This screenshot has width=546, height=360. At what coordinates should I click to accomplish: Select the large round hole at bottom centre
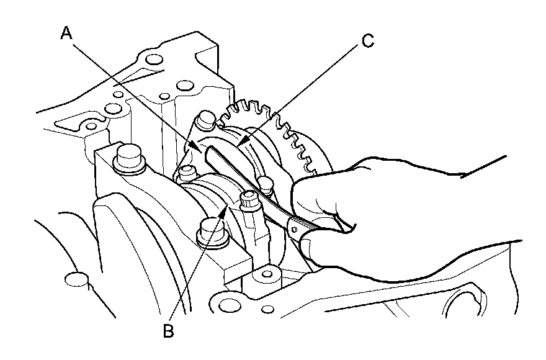click(230, 305)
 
